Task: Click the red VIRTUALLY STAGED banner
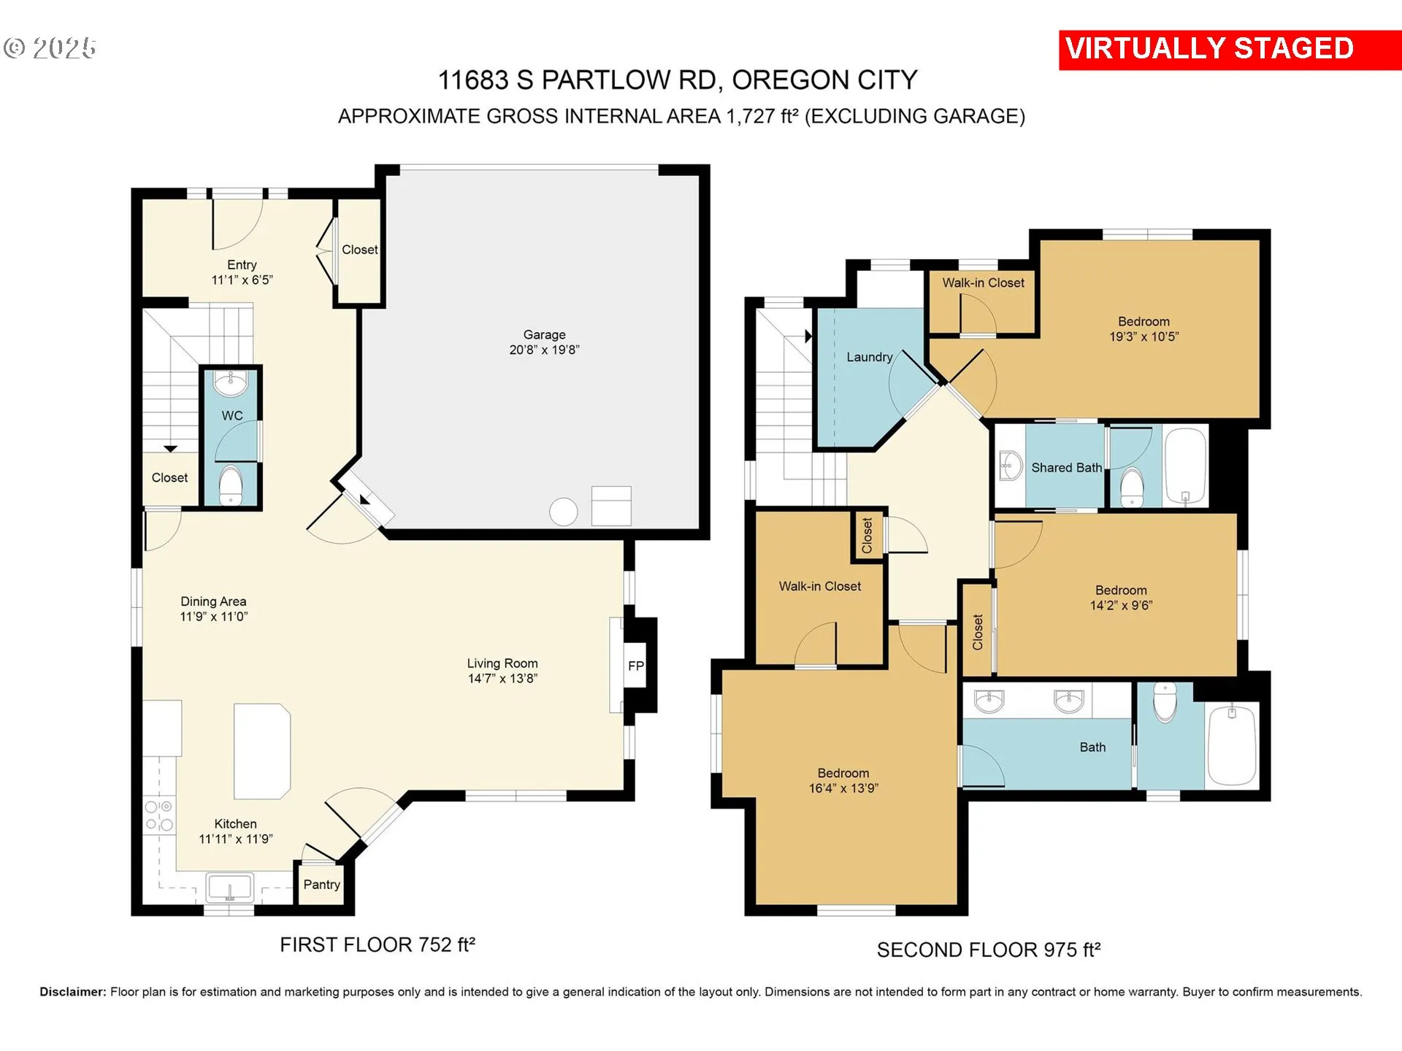click(x=1230, y=50)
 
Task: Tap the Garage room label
click(x=544, y=335)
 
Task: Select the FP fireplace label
click(x=636, y=666)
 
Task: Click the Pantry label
click(x=322, y=885)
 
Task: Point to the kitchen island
click(x=262, y=751)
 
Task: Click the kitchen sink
click(x=230, y=888)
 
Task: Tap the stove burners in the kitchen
click(x=159, y=815)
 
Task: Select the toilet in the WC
click(x=231, y=484)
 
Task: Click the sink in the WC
click(x=231, y=382)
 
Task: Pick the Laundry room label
click(x=869, y=357)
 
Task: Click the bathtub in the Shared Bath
click(x=1185, y=467)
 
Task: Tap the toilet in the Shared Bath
click(x=1132, y=487)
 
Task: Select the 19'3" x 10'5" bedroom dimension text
click(x=1144, y=336)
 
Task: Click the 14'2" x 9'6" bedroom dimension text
click(x=1121, y=605)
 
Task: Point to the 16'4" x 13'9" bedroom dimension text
click(x=843, y=788)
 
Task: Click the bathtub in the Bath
click(x=1233, y=744)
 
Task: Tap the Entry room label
click(x=242, y=265)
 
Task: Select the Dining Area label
click(x=213, y=601)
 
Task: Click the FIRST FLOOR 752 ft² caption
click(x=378, y=944)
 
